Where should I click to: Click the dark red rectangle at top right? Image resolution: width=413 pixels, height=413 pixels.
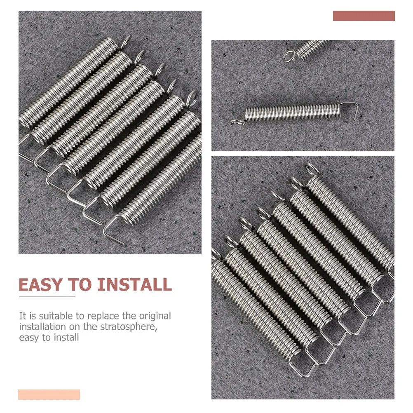click(364, 16)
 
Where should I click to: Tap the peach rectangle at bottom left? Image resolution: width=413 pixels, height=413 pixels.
click(49, 394)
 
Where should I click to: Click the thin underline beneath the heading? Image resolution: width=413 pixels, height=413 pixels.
click(47, 296)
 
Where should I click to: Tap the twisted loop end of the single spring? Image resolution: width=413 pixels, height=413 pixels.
click(238, 121)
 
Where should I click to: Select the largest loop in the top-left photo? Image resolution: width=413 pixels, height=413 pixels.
click(192, 98)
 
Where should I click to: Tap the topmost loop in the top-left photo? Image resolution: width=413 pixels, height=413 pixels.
click(127, 40)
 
